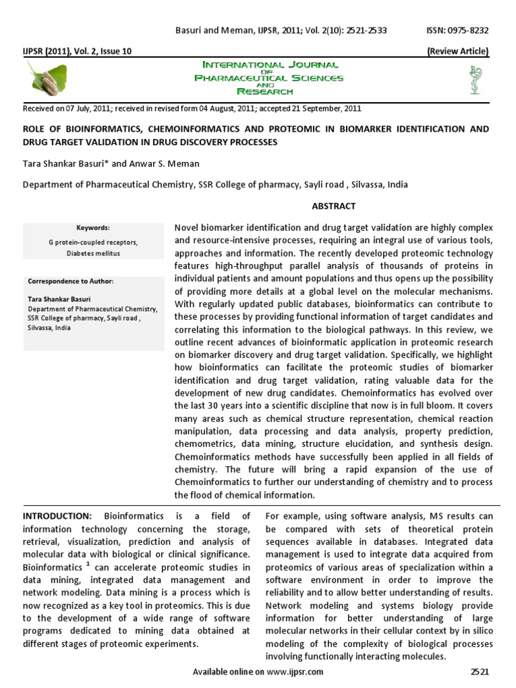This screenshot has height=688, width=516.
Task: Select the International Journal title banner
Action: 269,78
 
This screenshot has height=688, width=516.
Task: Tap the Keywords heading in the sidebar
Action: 93,228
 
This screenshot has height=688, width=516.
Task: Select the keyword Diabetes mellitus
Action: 93,253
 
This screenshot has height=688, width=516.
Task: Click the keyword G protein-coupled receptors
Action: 93,242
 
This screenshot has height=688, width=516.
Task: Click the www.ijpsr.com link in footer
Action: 296,672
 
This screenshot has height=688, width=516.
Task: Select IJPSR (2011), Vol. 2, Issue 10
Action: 69,51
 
